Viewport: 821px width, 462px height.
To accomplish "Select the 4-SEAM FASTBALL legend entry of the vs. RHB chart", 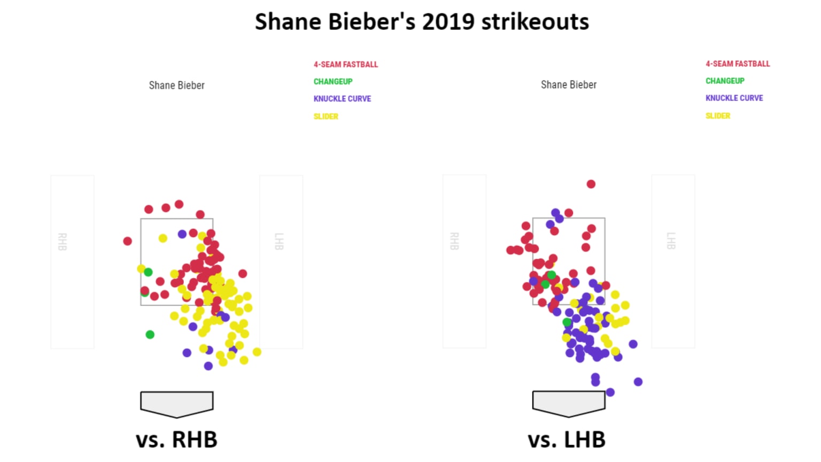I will [345, 64].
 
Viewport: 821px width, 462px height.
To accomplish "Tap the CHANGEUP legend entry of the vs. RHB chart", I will [332, 81].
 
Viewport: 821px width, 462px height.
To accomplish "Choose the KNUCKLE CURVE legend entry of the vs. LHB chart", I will [734, 98].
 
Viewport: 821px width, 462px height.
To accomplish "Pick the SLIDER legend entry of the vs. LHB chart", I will [717, 115].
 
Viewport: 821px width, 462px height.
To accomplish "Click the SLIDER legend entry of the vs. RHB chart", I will [326, 116].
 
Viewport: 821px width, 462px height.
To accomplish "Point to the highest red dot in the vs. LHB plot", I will [591, 184].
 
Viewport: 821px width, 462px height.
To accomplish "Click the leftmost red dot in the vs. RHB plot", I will [127, 241].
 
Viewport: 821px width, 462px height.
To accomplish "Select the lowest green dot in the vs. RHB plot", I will [150, 334].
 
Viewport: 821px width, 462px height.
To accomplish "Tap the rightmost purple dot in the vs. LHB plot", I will [638, 382].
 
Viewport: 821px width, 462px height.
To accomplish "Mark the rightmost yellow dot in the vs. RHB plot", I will [257, 352].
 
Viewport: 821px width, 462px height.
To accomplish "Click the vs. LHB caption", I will [567, 440].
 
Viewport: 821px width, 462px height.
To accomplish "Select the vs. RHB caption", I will [176, 440].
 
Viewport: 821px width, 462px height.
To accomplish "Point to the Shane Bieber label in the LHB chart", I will [568, 84].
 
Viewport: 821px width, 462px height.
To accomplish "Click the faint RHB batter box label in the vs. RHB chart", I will [63, 242].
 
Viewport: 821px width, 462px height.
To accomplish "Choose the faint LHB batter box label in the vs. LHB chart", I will [671, 241].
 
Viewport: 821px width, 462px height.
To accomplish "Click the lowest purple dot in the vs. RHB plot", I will [208, 366].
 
